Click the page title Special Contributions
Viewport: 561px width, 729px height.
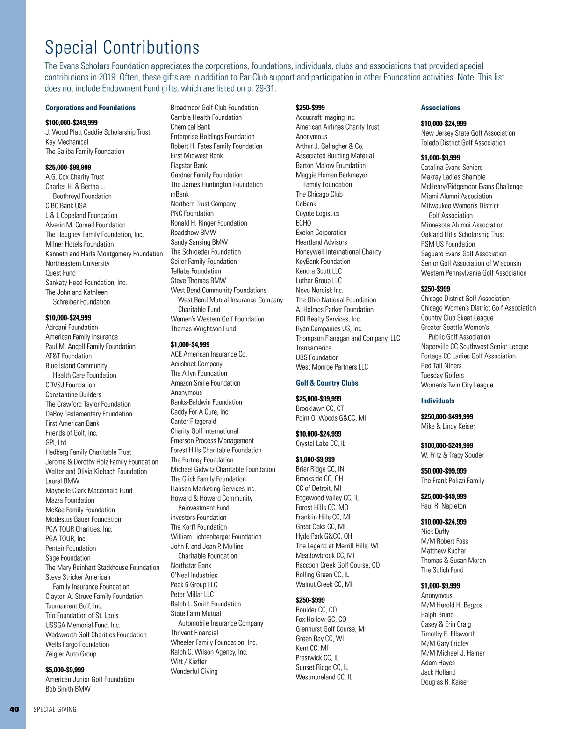(122, 48)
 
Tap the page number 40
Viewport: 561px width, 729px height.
(14, 709)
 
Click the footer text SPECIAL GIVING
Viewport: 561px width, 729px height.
(55, 709)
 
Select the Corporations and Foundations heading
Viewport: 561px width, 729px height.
(90, 108)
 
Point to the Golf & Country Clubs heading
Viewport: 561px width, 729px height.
(327, 383)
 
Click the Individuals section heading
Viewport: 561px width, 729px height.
(438, 401)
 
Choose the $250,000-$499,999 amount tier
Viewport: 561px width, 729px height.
(447, 416)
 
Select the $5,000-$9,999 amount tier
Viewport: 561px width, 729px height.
(65, 670)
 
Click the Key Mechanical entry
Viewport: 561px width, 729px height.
(67, 142)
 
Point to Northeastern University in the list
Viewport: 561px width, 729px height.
(78, 263)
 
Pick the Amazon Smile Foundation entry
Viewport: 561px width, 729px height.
(205, 383)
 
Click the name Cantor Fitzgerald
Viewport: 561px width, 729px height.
(193, 421)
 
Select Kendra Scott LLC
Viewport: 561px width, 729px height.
(319, 271)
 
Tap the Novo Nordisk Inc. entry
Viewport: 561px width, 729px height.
(319, 290)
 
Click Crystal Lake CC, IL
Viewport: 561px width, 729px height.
(321, 444)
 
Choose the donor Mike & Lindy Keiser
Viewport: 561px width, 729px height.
(448, 426)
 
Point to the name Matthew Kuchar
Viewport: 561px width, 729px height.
(443, 551)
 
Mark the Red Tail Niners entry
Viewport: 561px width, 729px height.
(441, 365)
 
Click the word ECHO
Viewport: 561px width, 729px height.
(303, 223)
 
